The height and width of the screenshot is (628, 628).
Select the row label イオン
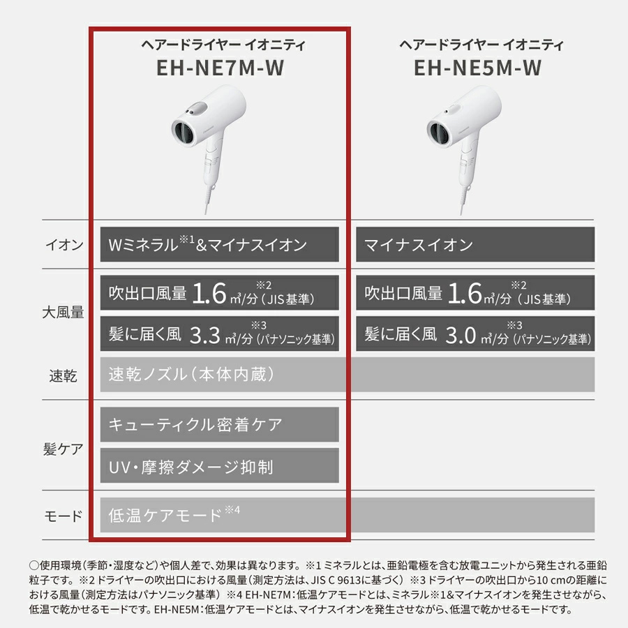point(64,245)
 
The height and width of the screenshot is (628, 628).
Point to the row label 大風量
point(63,312)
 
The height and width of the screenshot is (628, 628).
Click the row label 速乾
point(64,375)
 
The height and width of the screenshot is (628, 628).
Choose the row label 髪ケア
point(63,449)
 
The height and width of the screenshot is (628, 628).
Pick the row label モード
point(63,516)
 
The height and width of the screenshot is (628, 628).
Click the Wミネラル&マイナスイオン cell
point(219,245)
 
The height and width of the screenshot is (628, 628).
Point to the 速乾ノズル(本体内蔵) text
point(191,375)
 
